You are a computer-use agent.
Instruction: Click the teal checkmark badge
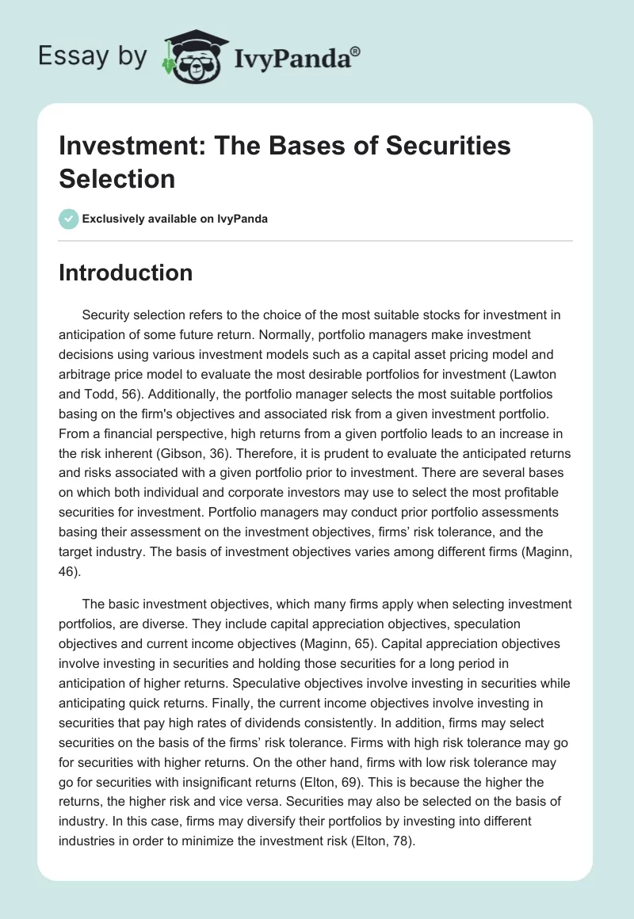point(69,219)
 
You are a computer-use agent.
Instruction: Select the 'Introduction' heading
point(126,273)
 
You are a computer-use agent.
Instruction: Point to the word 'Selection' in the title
point(117,178)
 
